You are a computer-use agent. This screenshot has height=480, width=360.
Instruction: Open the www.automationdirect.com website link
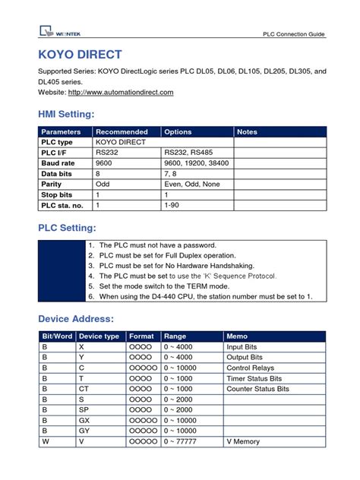(x=121, y=92)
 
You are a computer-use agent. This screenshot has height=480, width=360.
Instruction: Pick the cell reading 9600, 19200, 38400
(x=196, y=163)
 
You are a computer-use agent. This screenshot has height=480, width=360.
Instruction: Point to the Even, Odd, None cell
(x=191, y=184)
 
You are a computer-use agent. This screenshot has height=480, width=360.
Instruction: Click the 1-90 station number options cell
(x=172, y=205)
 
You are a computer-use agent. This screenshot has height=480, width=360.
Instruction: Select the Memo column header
(x=237, y=336)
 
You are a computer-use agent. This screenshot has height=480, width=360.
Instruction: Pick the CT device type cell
(x=84, y=388)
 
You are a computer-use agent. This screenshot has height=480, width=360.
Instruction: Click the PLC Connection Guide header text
(x=293, y=34)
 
